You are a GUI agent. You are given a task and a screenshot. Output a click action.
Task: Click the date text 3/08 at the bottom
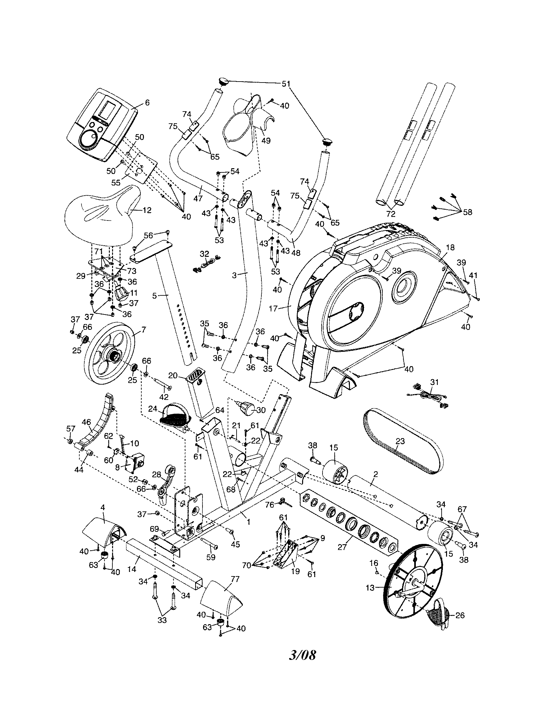pos(302,655)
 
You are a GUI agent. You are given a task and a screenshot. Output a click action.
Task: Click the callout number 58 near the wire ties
pos(468,212)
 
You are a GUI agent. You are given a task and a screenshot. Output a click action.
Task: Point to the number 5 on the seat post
pos(154,296)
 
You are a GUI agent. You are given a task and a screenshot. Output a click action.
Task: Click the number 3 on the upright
pos(234,275)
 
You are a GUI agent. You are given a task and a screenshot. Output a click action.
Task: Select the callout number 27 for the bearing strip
pos(342,546)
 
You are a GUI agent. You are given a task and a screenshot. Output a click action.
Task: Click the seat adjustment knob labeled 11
pos(123,292)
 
